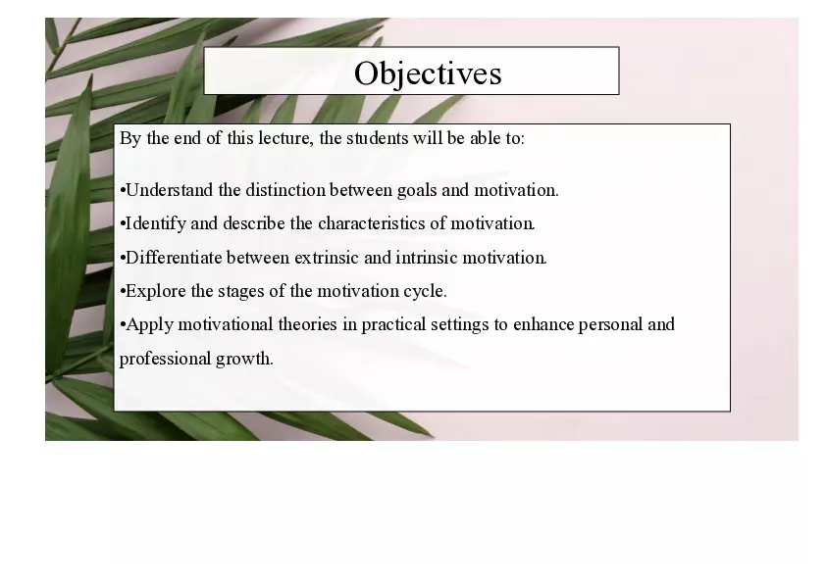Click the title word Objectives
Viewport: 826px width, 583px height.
(428, 73)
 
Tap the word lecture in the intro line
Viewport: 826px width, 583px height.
(285, 138)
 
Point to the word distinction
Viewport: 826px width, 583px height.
(284, 190)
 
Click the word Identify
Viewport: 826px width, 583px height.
(155, 223)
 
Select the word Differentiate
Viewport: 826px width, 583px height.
(174, 258)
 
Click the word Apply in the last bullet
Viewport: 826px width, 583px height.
(149, 324)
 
